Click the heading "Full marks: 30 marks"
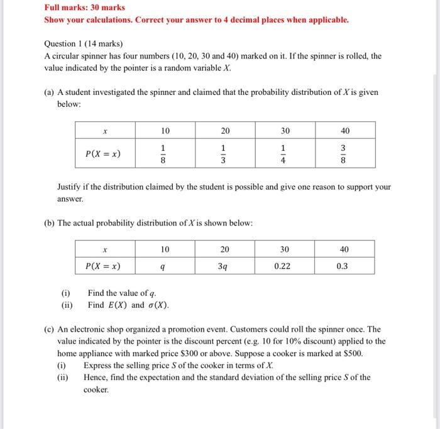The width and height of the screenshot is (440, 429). tap(84, 8)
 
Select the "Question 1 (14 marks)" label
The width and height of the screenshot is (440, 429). tap(84, 44)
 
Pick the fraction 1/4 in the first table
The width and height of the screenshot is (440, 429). tap(285, 154)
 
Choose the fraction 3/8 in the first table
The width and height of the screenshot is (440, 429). tap(344, 154)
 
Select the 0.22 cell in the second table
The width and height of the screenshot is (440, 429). tap(285, 266)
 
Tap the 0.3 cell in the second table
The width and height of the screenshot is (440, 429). tap(344, 266)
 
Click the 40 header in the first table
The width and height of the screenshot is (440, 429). tap(344, 131)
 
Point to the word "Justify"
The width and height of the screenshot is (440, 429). tap(70, 187)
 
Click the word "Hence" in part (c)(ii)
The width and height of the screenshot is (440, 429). tap(96, 377)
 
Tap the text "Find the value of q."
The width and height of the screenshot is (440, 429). tap(122, 293)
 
